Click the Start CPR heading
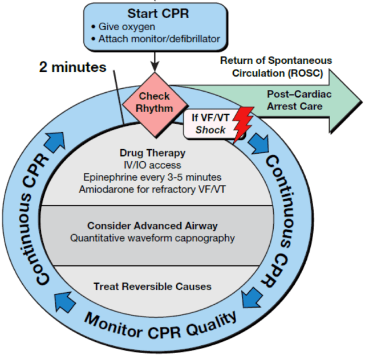(x=154, y=13)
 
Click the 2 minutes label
(x=73, y=67)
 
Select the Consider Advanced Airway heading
(x=152, y=226)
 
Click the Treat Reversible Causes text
(x=152, y=287)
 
